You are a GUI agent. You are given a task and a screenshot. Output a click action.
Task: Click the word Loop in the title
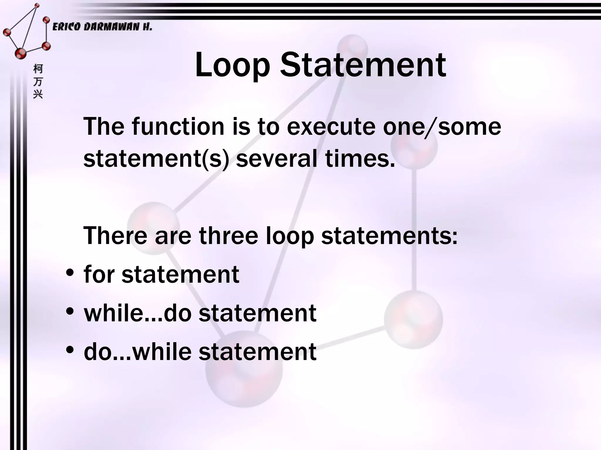point(232,65)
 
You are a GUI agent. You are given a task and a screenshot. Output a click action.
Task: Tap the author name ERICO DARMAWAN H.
point(102,27)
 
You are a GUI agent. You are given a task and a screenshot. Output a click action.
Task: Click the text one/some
point(442,127)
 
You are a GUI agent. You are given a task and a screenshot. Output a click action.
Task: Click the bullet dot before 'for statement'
point(70,273)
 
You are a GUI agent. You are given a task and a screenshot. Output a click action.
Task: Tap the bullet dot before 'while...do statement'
point(70,312)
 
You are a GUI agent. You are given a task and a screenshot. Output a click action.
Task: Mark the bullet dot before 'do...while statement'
point(70,350)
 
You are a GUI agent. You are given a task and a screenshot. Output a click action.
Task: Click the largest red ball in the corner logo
point(21,53)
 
